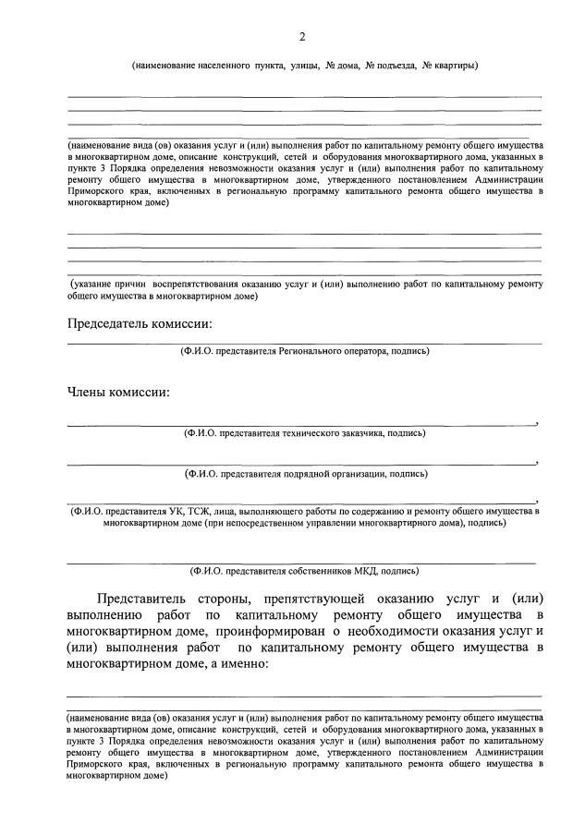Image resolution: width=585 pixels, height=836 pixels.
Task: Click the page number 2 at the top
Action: [x=301, y=36]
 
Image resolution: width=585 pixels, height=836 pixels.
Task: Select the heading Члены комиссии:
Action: [x=117, y=393]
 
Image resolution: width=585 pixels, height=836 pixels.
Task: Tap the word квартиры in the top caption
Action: [x=457, y=66]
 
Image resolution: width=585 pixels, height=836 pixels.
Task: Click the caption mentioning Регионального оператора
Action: [x=304, y=351]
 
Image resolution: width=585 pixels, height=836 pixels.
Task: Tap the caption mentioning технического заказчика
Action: [x=304, y=432]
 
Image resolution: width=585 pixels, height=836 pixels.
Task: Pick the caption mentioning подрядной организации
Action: [x=304, y=474]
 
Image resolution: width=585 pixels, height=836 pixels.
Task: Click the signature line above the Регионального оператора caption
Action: [x=304, y=344]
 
